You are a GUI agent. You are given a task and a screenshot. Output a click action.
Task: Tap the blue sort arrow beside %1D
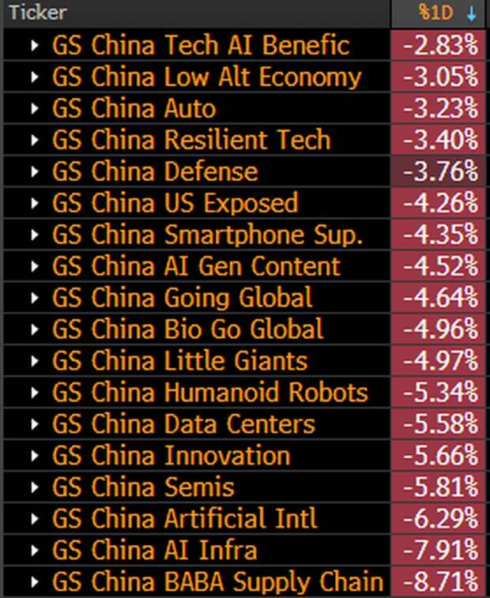472,13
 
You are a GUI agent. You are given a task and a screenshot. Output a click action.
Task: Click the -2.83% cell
440,45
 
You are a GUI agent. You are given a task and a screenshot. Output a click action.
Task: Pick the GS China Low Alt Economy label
206,77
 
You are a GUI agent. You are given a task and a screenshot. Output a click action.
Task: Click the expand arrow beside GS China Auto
34,108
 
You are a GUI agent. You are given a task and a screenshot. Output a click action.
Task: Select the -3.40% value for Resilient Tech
440,140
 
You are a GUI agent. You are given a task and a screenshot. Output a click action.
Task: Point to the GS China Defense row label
155,171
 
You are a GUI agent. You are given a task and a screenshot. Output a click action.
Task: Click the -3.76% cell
440,171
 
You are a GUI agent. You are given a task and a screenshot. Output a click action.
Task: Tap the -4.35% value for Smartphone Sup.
440,235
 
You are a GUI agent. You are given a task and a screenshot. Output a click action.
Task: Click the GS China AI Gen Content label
196,266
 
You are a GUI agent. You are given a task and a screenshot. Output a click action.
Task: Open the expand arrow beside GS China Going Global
34,298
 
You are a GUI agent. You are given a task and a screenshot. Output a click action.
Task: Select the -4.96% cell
440,329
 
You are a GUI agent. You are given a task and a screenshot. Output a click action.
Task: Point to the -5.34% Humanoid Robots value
440,393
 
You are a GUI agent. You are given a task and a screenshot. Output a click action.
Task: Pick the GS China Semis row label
143,487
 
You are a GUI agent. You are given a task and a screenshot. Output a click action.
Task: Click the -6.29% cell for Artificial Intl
440,519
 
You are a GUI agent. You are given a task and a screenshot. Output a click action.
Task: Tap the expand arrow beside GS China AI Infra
34,551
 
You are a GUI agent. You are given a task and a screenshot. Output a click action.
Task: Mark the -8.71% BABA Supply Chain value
440,582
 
